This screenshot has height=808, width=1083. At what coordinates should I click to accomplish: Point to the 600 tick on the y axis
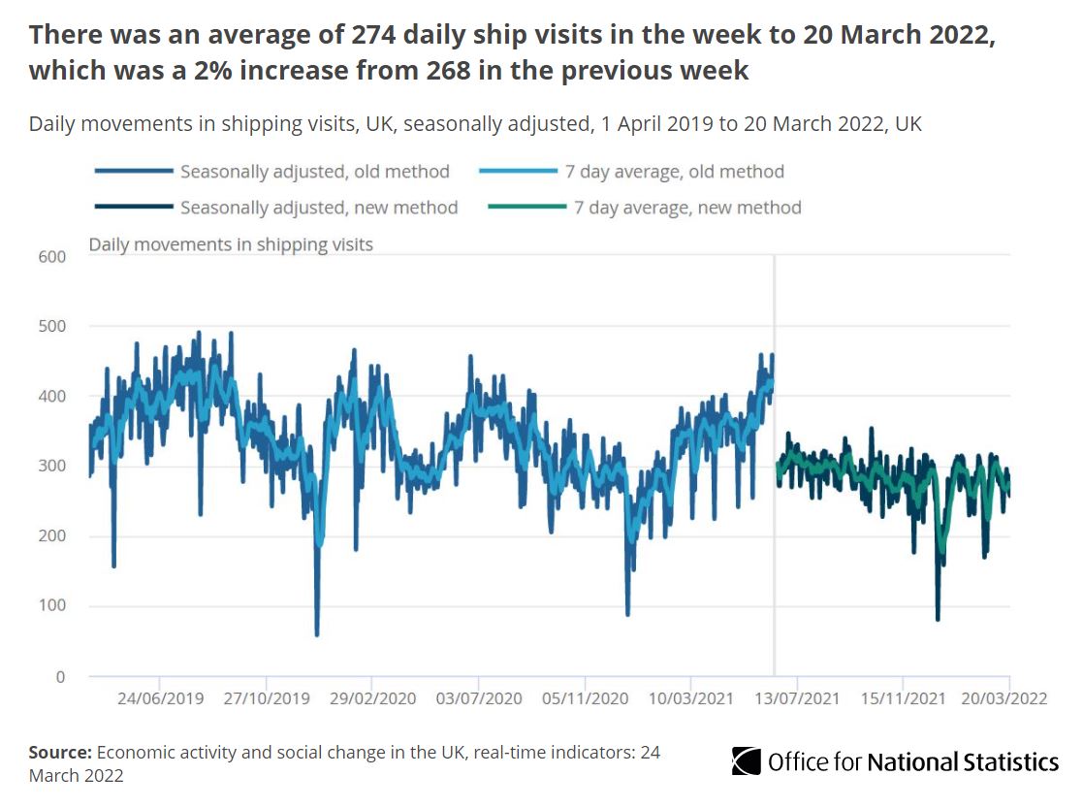51,256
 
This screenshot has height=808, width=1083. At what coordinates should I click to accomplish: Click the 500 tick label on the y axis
51,326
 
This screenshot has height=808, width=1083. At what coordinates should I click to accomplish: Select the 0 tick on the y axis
59,677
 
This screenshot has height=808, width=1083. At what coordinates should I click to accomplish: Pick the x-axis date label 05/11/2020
584,698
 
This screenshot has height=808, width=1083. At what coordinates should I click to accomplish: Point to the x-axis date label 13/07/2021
796,698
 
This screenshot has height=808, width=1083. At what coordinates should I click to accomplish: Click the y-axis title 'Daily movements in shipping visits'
231,244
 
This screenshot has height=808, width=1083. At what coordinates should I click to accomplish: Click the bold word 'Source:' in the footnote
60,753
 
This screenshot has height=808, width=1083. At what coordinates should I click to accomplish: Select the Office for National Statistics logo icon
746,761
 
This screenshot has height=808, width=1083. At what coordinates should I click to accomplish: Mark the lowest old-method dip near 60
317,634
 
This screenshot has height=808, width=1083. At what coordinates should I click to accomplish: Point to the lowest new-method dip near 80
938,619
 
